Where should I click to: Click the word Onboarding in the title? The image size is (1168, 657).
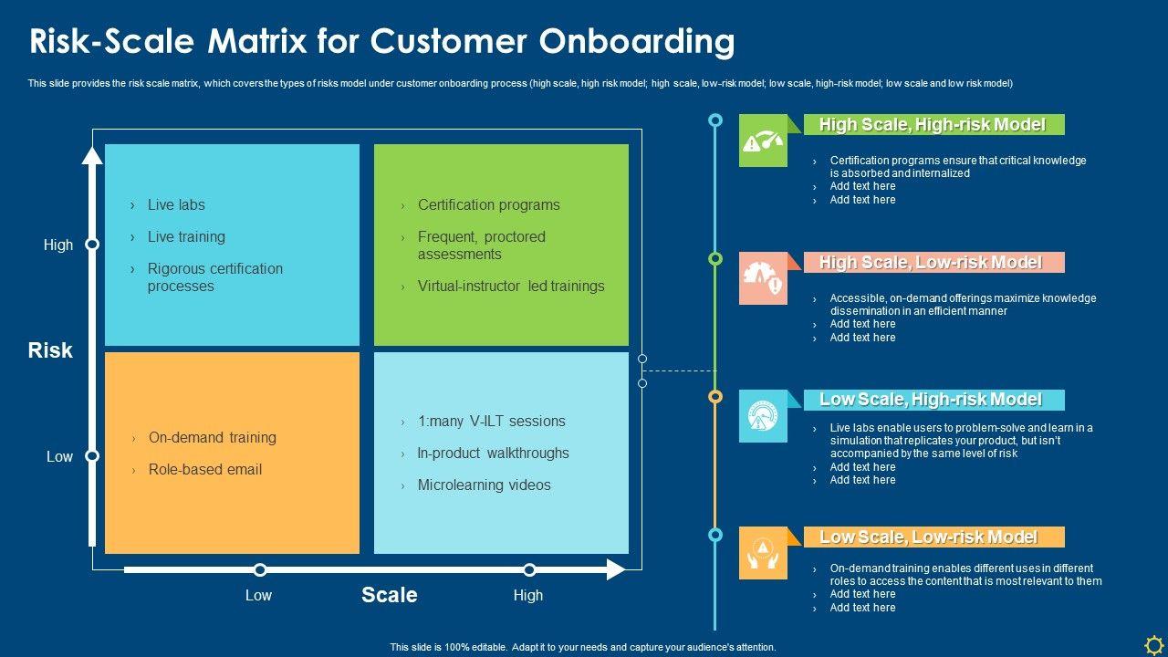(x=637, y=42)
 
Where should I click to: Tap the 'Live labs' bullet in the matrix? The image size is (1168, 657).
(x=176, y=205)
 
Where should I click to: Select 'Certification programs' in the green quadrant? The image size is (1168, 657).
(x=488, y=205)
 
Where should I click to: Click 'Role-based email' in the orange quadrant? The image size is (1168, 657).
(x=205, y=469)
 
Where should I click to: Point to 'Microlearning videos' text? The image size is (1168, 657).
(x=484, y=485)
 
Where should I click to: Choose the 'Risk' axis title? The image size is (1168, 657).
(x=50, y=350)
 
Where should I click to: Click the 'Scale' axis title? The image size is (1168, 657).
(x=390, y=595)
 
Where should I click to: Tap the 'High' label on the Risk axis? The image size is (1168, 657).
(x=57, y=245)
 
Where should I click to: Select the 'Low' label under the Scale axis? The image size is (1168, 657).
(x=258, y=595)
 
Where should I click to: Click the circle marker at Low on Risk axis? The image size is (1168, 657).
(x=92, y=456)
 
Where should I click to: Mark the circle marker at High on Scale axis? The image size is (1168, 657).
(x=529, y=570)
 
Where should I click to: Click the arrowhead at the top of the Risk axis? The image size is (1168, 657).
(x=92, y=155)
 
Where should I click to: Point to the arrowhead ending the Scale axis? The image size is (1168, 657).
(x=616, y=569)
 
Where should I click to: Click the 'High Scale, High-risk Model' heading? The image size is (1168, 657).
(x=933, y=125)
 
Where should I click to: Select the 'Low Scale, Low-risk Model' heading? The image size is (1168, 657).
(x=928, y=537)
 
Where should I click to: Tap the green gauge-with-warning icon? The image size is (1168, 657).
(x=763, y=141)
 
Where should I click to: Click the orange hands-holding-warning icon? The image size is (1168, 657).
(x=763, y=553)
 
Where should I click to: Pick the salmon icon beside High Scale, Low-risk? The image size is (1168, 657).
(x=763, y=278)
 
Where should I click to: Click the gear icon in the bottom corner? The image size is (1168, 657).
(x=1153, y=645)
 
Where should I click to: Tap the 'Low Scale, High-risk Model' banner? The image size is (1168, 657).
(x=933, y=400)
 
